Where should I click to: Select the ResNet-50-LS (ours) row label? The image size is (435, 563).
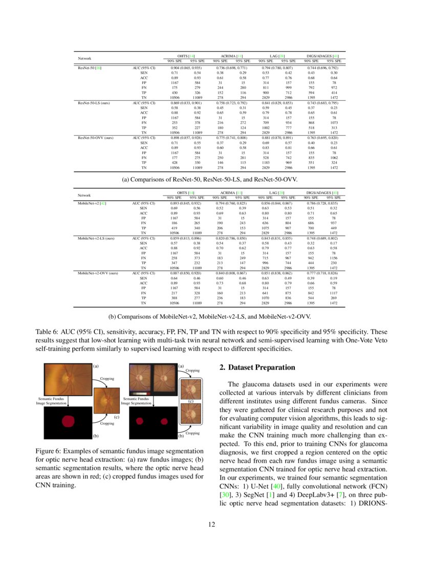(x=95, y=103)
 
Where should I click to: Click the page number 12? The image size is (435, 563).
(x=217, y=524)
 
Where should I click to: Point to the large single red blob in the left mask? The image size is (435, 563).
(x=68, y=422)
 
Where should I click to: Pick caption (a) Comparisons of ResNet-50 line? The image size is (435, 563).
(x=217, y=179)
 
